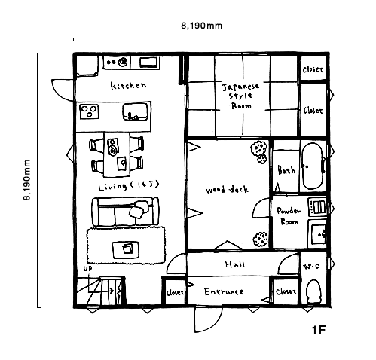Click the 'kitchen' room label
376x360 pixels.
point(128,85)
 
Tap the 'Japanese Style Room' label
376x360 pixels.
point(241,96)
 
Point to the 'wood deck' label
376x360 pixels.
point(227,189)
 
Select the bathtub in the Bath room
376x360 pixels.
point(313,166)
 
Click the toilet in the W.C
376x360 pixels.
point(314,291)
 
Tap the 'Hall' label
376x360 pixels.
point(235,264)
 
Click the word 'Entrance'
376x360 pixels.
point(224,291)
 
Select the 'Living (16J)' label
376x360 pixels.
point(129,186)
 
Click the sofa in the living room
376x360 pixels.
point(125,212)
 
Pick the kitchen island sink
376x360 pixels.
point(135,111)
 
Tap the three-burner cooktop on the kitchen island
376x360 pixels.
point(89,111)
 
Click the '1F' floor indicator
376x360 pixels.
point(319,330)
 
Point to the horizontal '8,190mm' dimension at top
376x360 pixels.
point(202,26)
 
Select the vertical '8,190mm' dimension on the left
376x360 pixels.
point(27,180)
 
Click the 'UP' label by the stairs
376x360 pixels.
point(87,268)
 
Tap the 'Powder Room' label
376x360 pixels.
point(289,216)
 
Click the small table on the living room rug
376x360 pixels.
point(126,250)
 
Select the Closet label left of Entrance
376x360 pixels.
point(175,292)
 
